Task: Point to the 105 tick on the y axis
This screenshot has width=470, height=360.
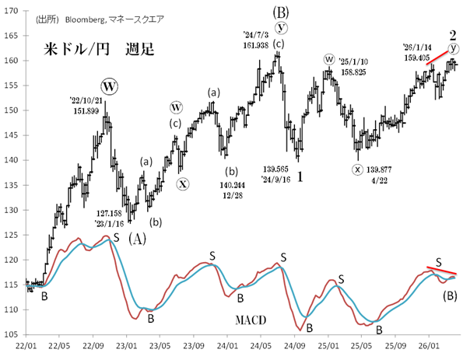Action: tap(12, 334)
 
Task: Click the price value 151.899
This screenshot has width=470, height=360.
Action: tap(86, 110)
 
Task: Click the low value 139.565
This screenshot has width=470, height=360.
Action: tap(279, 168)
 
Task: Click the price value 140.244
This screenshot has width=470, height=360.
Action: tap(232, 185)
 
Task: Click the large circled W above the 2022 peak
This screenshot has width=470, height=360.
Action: tap(108, 85)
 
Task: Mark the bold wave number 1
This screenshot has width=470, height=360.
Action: tap(300, 177)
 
